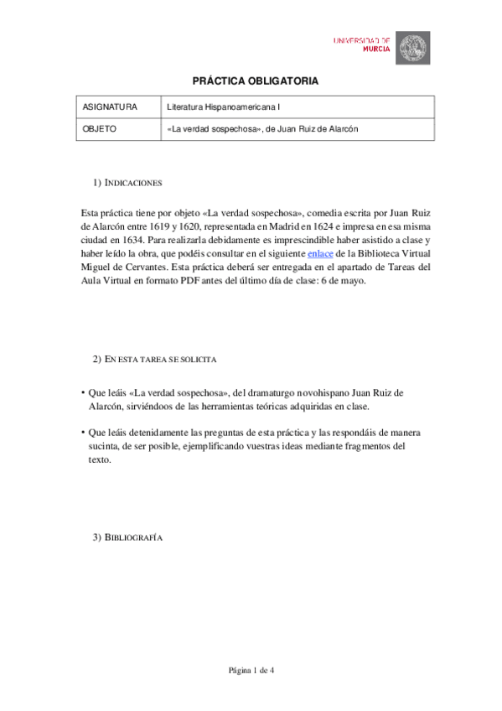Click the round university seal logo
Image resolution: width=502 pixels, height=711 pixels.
point(412,48)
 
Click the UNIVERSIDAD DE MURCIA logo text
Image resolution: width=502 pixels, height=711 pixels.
point(361,44)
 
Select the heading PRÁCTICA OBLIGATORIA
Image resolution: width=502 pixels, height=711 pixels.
point(256,80)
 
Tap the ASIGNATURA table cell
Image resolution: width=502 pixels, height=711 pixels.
point(110,107)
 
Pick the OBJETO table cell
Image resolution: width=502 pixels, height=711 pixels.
point(100,129)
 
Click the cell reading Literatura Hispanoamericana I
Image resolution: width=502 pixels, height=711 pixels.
point(224,107)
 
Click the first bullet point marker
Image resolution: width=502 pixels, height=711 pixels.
point(83,392)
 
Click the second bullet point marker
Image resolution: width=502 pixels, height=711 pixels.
point(83,432)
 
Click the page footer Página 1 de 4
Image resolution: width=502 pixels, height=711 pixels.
point(251,670)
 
